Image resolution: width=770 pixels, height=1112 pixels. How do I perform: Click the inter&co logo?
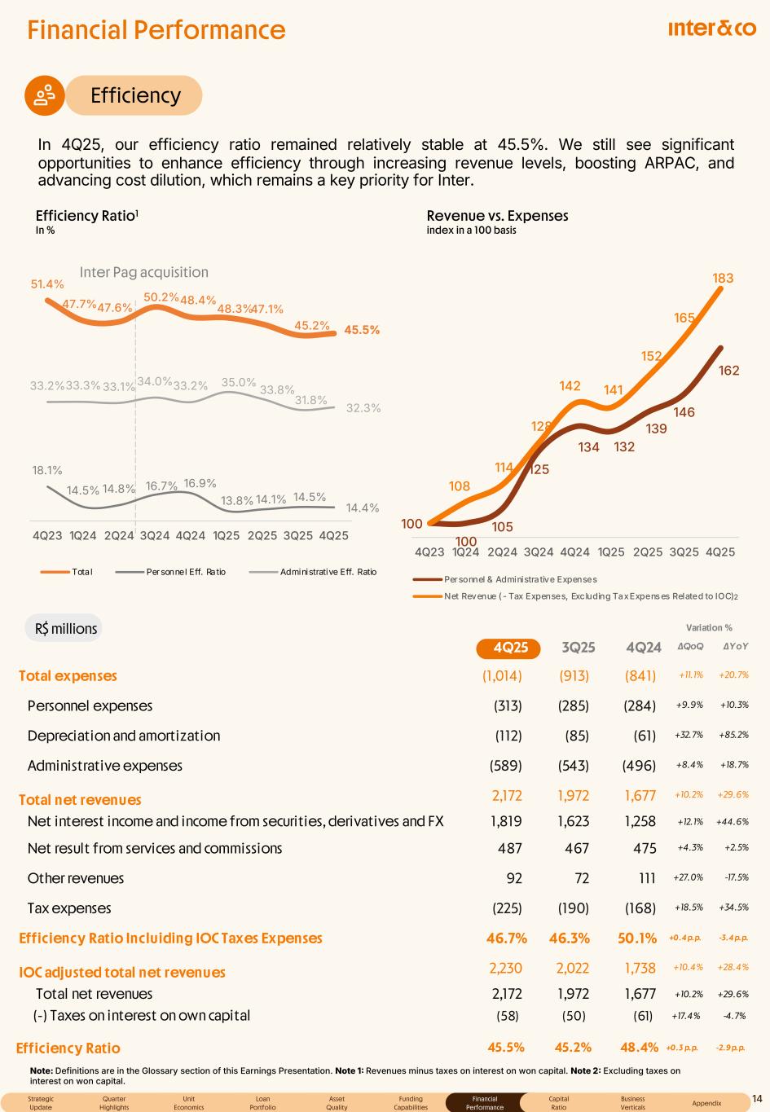(711, 29)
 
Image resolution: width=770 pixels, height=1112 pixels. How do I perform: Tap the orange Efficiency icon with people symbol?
(45, 95)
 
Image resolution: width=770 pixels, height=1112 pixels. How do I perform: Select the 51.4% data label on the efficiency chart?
(47, 284)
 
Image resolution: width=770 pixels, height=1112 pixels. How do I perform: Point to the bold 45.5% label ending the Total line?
(362, 331)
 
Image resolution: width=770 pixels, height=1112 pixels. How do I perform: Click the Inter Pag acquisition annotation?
(143, 272)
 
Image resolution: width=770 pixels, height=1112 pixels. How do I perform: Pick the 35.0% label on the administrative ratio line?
(239, 382)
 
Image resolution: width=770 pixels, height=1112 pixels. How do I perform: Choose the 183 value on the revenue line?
(723, 279)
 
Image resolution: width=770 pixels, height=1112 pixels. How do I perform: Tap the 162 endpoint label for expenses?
(728, 371)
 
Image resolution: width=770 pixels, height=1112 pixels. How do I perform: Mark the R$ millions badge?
(65, 628)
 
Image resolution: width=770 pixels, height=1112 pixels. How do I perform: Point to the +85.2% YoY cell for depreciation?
(733, 736)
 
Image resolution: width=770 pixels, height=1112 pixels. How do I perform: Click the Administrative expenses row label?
(105, 766)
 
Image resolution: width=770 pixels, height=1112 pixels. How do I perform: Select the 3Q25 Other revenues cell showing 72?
(577, 878)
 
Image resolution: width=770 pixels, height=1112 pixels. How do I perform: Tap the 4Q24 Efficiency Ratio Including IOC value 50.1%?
(636, 938)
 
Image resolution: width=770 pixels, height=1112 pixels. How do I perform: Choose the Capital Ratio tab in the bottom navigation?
(558, 1103)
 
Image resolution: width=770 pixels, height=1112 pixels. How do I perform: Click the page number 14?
(757, 1098)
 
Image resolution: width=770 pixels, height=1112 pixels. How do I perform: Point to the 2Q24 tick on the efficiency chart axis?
(119, 535)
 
